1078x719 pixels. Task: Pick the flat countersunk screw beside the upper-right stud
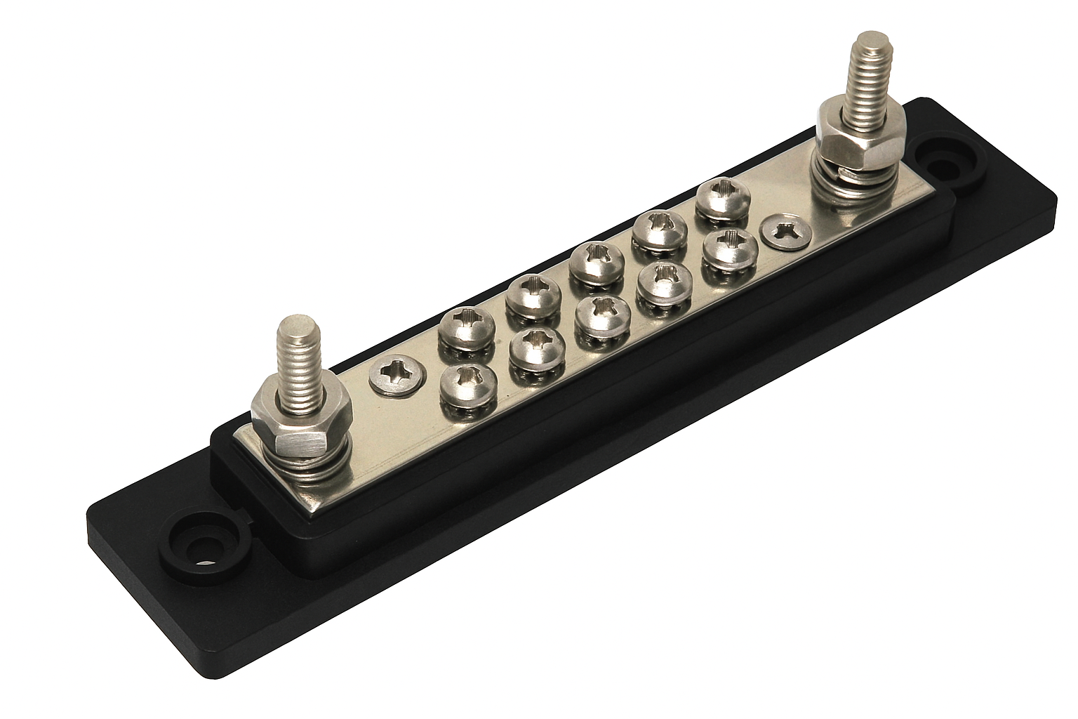pyautogui.click(x=785, y=229)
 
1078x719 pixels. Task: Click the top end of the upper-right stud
pyautogui.click(x=870, y=46)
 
